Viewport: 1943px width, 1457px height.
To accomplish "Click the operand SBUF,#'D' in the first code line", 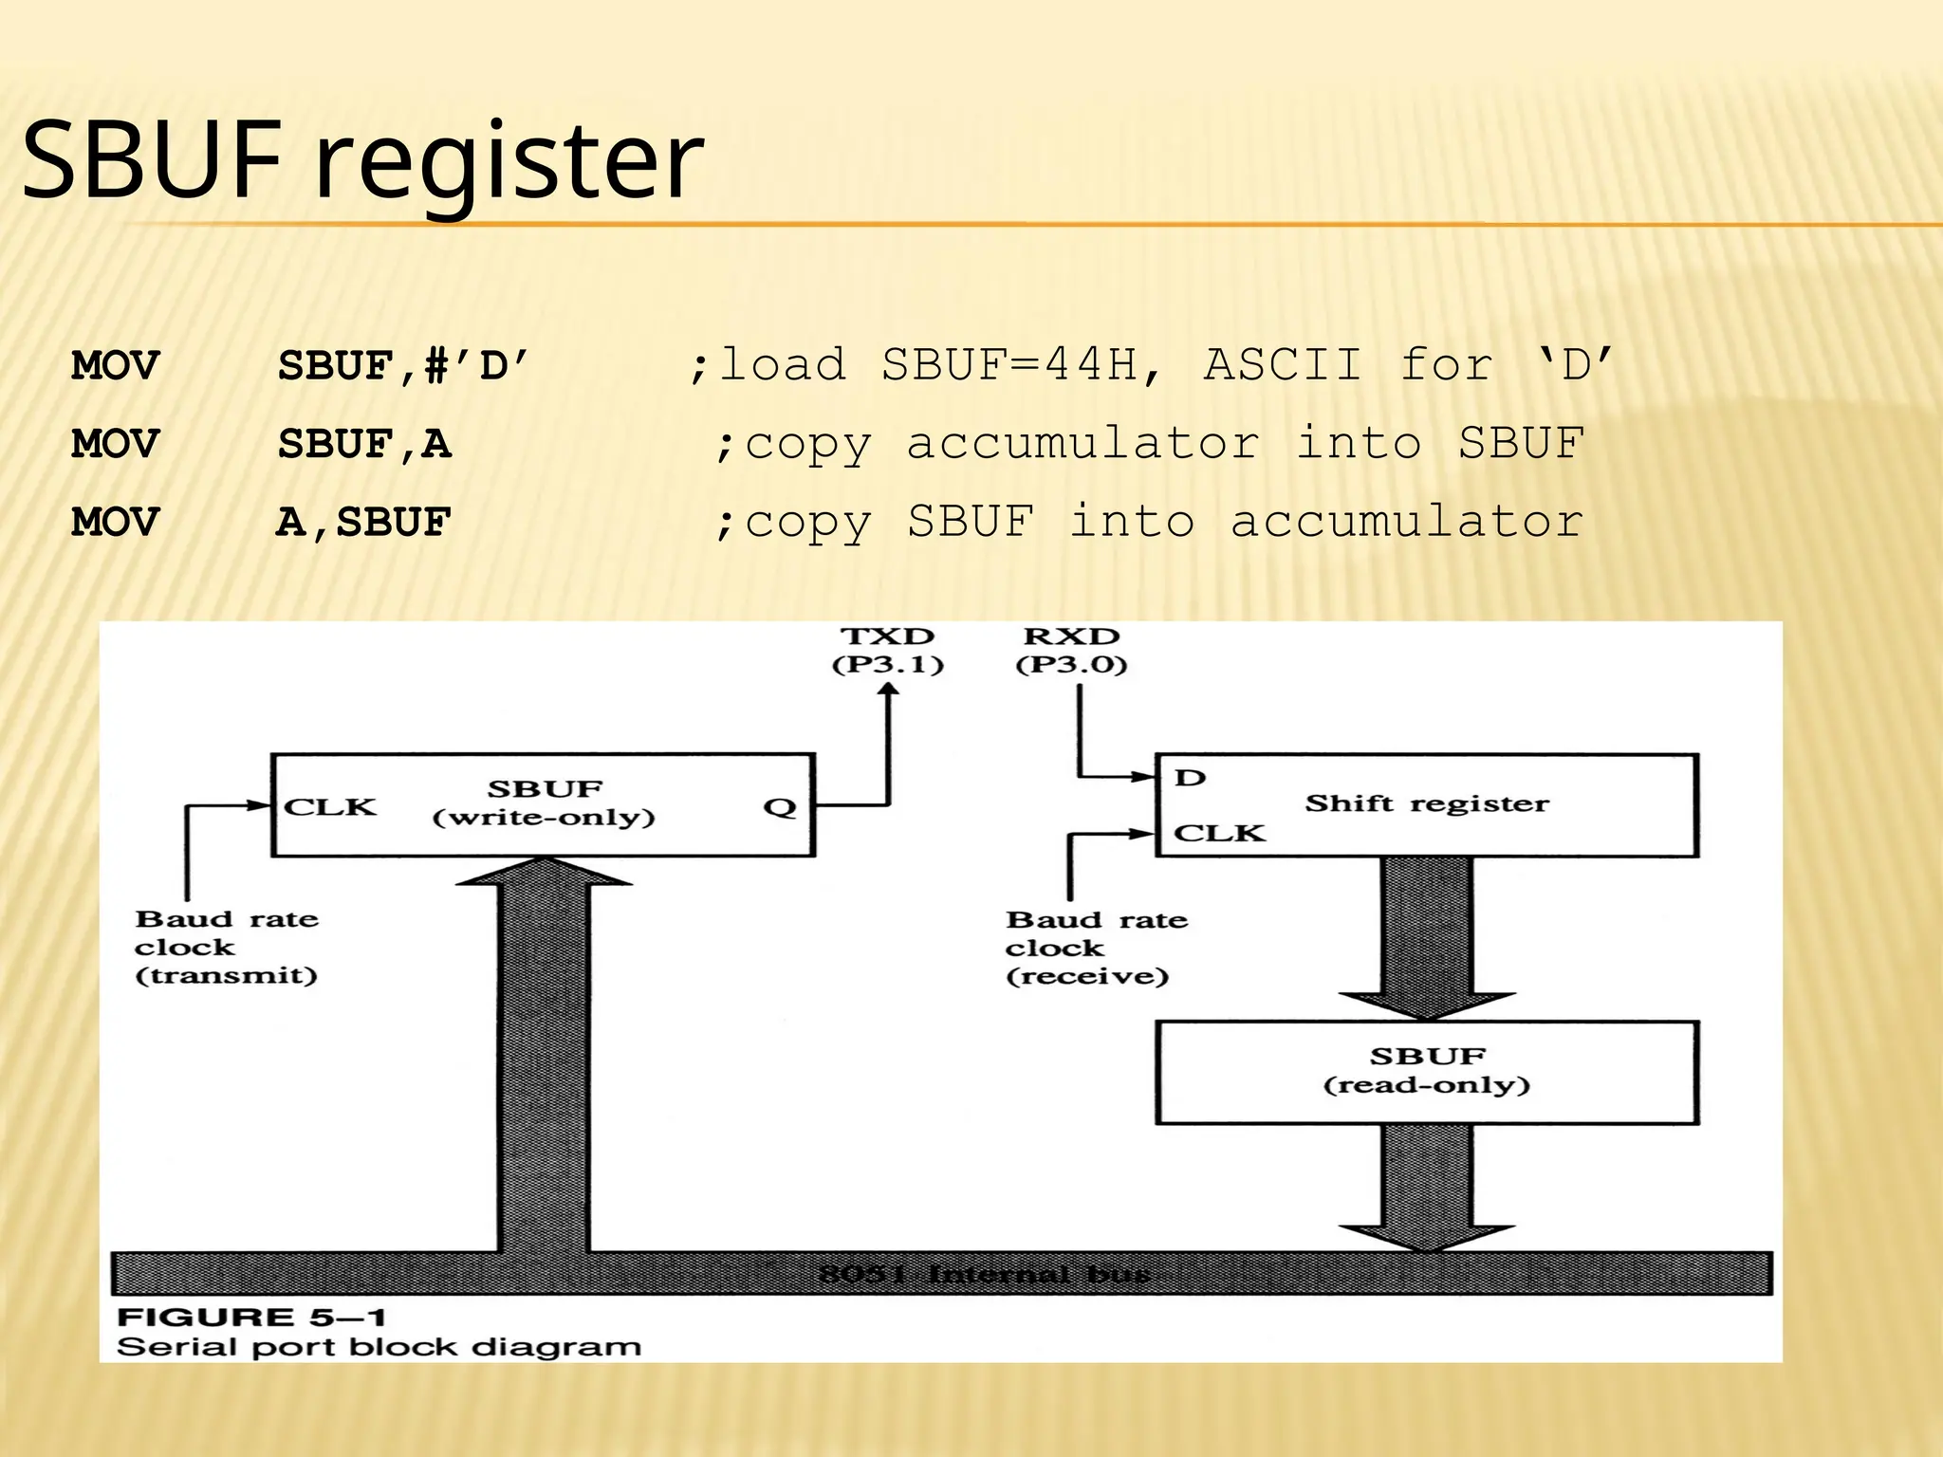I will [x=403, y=365].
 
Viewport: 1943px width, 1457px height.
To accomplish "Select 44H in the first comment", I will [x=1091, y=365].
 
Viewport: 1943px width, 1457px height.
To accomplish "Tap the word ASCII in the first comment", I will [x=1282, y=365].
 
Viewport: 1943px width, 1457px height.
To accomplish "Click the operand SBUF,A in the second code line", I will [x=364, y=444].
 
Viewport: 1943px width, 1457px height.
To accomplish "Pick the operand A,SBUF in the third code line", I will [x=363, y=523].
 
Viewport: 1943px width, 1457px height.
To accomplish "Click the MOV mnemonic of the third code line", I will [x=115, y=523].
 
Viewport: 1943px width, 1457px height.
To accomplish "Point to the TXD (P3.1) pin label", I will [x=888, y=650].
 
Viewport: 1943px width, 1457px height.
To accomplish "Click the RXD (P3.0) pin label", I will [x=1072, y=650].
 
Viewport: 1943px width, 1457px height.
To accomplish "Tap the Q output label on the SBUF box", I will [x=780, y=807].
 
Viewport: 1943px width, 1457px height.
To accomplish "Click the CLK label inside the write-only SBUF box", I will [x=330, y=807].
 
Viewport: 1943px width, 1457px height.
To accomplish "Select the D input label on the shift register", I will [x=1190, y=778].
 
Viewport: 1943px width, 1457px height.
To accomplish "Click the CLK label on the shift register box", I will [x=1219, y=833].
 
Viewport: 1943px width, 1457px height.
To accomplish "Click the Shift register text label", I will [x=1427, y=803].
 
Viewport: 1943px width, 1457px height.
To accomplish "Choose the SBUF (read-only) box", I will [x=1427, y=1072].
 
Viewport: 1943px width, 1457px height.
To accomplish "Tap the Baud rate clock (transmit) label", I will [x=227, y=947].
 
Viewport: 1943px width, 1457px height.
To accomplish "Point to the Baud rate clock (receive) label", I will [x=1096, y=948].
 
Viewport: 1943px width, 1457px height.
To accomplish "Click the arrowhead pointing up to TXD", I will [x=889, y=692].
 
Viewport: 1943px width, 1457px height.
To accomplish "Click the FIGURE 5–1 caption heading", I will [x=251, y=1317].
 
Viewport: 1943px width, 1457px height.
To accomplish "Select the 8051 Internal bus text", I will [x=985, y=1274].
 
